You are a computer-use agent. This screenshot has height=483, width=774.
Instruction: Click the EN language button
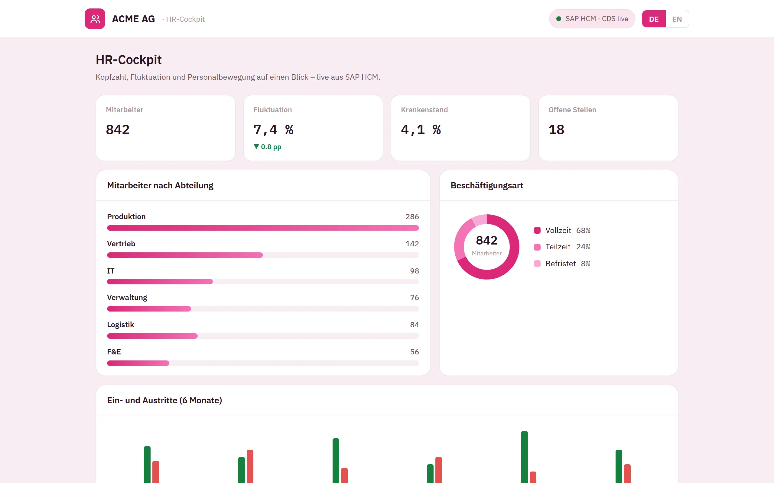pos(677,19)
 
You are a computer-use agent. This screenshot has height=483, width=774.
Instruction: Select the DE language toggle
pos(654,19)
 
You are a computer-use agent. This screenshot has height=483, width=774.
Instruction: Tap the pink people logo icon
pos(95,19)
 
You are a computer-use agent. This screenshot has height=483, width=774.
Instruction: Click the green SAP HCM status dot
pos(559,19)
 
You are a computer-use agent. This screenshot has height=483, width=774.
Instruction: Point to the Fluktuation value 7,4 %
pos(273,130)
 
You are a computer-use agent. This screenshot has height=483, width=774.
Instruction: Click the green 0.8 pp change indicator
pos(267,147)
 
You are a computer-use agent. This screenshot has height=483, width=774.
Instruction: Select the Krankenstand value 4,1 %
pos(421,130)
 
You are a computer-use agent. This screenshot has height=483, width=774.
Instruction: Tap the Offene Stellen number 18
pos(557,130)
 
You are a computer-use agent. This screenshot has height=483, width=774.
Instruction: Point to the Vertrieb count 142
pos(412,244)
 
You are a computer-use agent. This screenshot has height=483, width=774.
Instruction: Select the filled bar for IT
pos(160,282)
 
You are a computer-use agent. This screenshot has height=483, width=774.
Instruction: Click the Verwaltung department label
pos(127,298)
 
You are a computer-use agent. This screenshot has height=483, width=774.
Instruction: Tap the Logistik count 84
pos(415,325)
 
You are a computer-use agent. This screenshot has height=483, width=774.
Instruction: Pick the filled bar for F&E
pos(138,363)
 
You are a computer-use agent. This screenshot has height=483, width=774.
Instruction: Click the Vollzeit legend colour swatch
pos(537,230)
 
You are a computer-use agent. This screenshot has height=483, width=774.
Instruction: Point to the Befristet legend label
pos(560,264)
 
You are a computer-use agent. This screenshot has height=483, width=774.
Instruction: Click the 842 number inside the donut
pos(486,240)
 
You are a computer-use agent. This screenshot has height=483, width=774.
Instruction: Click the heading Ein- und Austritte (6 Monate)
pos(164,400)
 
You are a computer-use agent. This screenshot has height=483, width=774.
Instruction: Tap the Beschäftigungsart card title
pos(487,186)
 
